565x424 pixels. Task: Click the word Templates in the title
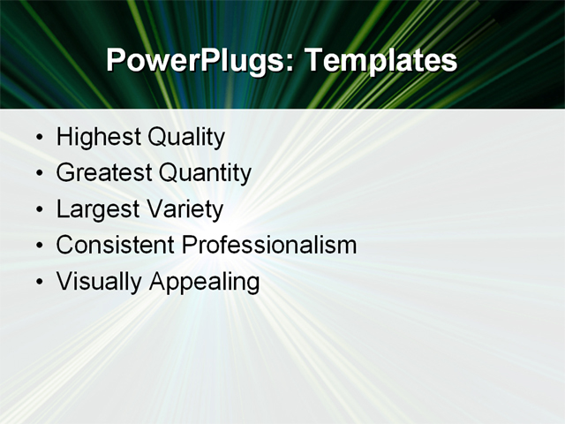[x=380, y=61]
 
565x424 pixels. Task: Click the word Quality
[x=185, y=138]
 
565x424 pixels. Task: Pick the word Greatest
[x=102, y=174]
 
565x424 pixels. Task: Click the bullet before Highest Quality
[x=39, y=139]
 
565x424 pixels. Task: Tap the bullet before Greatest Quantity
[x=39, y=175]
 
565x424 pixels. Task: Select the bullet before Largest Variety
[x=39, y=211]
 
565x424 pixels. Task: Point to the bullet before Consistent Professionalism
[x=39, y=246]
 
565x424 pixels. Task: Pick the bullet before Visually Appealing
[x=39, y=283]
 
